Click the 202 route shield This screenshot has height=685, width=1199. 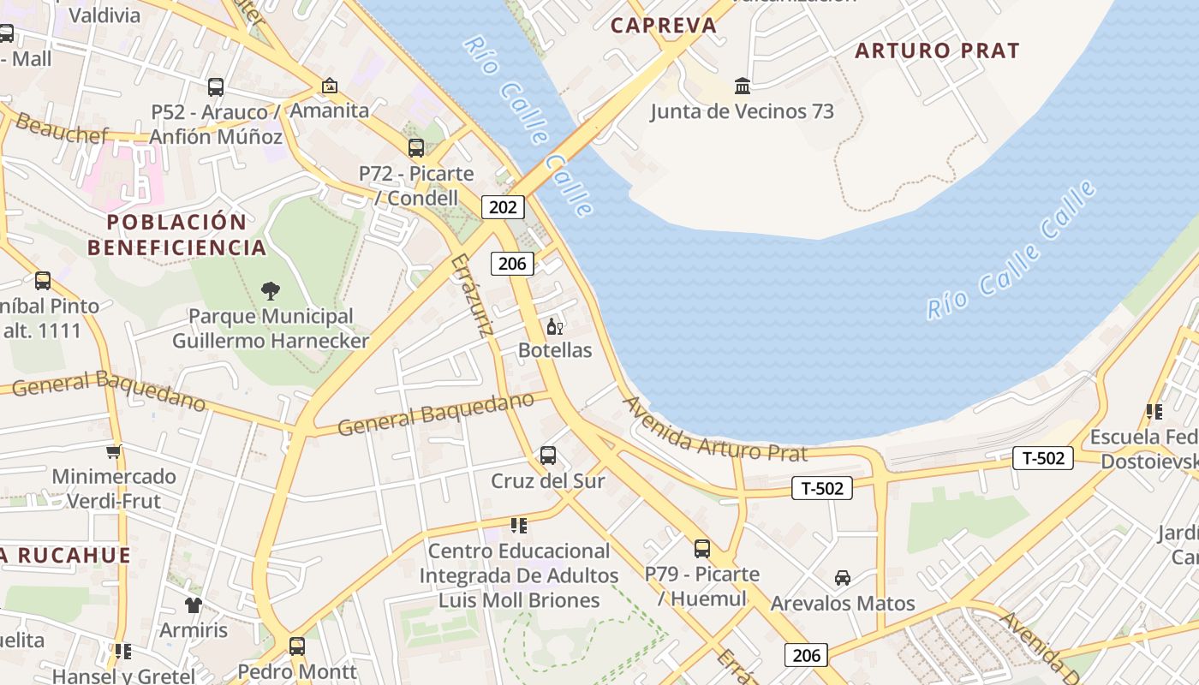tap(503, 206)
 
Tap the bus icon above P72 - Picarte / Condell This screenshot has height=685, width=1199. tap(416, 147)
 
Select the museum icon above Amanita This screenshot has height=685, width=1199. tap(329, 86)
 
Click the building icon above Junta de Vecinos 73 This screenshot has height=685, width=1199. tap(743, 86)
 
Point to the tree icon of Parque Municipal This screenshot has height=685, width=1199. tap(271, 290)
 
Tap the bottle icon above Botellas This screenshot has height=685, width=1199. tap(555, 326)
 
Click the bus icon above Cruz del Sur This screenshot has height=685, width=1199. tap(548, 456)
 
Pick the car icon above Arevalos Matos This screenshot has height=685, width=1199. tap(843, 578)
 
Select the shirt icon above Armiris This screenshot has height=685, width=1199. tap(194, 605)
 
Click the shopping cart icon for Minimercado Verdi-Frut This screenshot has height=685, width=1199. tap(113, 451)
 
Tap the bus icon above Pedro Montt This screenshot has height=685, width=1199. tap(296, 646)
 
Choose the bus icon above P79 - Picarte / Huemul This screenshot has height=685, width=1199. tap(702, 548)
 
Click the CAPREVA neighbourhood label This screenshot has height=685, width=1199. tap(664, 26)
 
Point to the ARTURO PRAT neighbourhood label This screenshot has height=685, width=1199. tap(937, 51)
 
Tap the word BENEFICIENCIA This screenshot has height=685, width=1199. tap(177, 247)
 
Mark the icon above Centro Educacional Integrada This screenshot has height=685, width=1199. tap(518, 525)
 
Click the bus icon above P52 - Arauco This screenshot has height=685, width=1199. tap(216, 86)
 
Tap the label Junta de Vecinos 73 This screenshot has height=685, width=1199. tap(742, 111)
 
